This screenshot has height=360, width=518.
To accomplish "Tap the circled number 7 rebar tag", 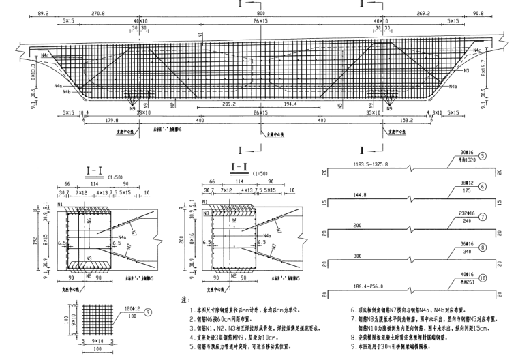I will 482,217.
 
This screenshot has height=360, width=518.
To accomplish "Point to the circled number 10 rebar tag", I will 482,278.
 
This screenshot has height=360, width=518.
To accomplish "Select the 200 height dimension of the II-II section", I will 181,241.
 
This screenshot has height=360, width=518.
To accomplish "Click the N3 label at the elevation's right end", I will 447,70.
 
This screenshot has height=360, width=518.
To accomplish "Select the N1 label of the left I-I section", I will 61,203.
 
